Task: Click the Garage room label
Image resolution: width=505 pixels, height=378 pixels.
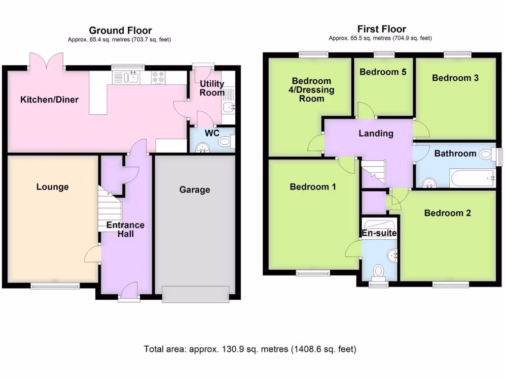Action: click(x=194, y=189)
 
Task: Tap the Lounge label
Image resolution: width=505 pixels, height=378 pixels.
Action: click(x=52, y=187)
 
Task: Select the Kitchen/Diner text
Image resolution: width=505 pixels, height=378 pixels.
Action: click(x=49, y=100)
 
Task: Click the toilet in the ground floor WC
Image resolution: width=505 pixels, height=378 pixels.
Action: click(x=225, y=143)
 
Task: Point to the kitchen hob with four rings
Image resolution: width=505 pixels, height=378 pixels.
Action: click(x=158, y=77)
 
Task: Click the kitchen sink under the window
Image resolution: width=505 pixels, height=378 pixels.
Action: click(x=130, y=77)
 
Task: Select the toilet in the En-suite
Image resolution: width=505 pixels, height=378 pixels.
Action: click(x=379, y=270)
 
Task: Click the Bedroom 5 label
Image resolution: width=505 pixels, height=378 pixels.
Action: click(x=383, y=72)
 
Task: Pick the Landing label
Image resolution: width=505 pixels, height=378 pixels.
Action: click(x=376, y=133)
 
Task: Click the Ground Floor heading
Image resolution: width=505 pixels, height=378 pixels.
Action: click(x=120, y=31)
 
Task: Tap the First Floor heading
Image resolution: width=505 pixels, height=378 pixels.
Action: click(x=382, y=29)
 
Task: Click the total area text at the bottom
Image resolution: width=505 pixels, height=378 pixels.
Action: click(x=250, y=349)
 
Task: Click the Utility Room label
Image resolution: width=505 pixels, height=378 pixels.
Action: click(x=212, y=88)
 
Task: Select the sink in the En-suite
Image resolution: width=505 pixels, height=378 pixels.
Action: click(x=393, y=255)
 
